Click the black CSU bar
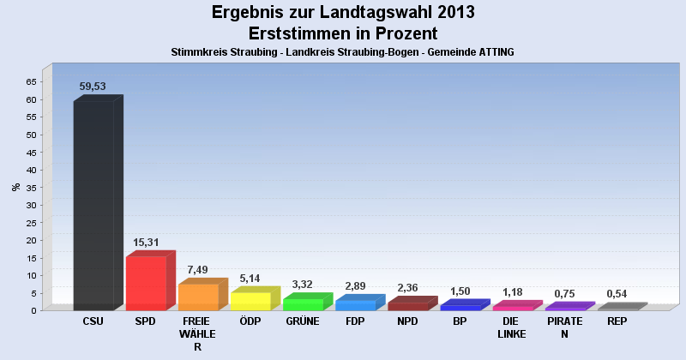click(x=93, y=206)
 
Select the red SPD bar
click(x=146, y=283)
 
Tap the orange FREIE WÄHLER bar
click(x=198, y=297)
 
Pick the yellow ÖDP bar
click(x=250, y=301)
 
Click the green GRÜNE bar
click(x=303, y=304)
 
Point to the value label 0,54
click(x=617, y=294)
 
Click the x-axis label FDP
click(x=355, y=321)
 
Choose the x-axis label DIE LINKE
click(x=512, y=327)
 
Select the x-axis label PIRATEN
click(x=564, y=327)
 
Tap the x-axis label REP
click(x=617, y=321)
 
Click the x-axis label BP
click(x=460, y=321)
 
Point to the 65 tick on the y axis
click(x=31, y=81)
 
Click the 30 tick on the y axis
click(x=31, y=205)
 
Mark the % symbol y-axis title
click(x=15, y=187)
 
